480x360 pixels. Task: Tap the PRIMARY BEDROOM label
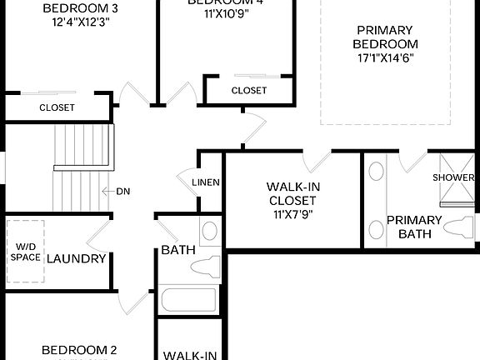click(384, 37)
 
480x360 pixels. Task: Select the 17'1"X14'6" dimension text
click(384, 57)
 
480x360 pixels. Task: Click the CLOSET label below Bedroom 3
click(57, 107)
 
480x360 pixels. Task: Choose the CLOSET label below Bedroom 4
click(248, 90)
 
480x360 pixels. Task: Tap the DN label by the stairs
click(123, 191)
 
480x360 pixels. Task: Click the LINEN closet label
click(205, 182)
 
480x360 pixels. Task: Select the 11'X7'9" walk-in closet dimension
click(291, 213)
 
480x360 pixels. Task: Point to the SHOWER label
click(453, 177)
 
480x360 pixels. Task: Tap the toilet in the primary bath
click(457, 227)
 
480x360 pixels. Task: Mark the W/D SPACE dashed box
click(26, 251)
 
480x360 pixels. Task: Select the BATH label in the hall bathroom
click(177, 250)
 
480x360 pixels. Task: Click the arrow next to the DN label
click(107, 191)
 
